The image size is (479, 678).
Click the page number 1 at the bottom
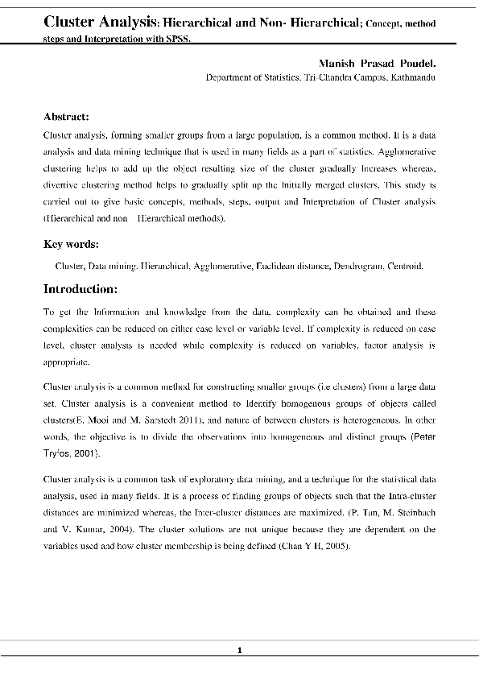coord(239,651)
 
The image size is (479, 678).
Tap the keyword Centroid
coord(405,265)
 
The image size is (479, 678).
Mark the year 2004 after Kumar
coord(160,530)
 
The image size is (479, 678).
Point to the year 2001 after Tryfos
coord(86,455)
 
